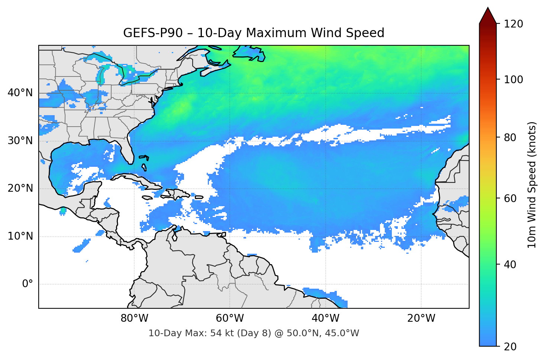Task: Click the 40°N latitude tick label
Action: coord(20,93)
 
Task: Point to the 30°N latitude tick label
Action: coord(20,141)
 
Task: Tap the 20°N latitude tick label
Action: coord(20,188)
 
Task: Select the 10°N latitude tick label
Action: coord(20,236)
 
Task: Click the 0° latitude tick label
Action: coord(27,284)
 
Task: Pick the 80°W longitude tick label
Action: coord(134,318)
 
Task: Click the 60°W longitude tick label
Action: coord(230,318)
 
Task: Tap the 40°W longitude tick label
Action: coord(325,318)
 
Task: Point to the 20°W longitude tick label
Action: coord(421,318)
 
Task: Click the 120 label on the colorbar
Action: coord(513,24)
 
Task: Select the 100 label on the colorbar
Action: coord(513,80)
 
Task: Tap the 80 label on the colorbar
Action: coord(510,137)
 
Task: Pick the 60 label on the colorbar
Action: coord(510,198)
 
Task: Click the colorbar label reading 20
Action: coord(510,347)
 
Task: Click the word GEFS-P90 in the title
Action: coord(153,33)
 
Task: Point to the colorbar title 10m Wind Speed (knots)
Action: coord(532,185)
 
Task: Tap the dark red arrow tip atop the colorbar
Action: coord(488,15)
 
